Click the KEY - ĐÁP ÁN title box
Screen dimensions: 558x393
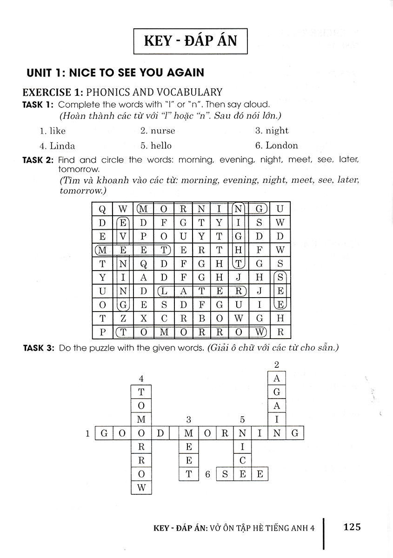tap(190, 41)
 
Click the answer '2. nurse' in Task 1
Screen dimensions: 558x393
tap(158, 131)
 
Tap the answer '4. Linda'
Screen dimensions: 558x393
tap(57, 146)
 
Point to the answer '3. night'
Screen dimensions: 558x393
tap(272, 131)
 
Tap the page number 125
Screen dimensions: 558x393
tap(352, 527)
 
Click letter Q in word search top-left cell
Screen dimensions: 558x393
tap(102, 209)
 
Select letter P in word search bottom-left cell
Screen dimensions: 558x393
tap(102, 332)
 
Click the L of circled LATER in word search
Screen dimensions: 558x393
tap(164, 291)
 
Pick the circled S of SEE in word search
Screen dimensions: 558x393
tap(280, 278)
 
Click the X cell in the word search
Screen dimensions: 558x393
tap(144, 319)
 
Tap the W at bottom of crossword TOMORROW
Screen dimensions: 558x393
tap(141, 488)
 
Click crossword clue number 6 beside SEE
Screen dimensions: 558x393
tap(208, 474)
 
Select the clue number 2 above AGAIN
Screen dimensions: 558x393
tap(277, 364)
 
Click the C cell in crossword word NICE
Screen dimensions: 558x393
tap(242, 460)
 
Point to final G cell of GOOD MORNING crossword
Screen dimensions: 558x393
tap(294, 433)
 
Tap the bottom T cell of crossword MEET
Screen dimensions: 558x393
tap(189, 474)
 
